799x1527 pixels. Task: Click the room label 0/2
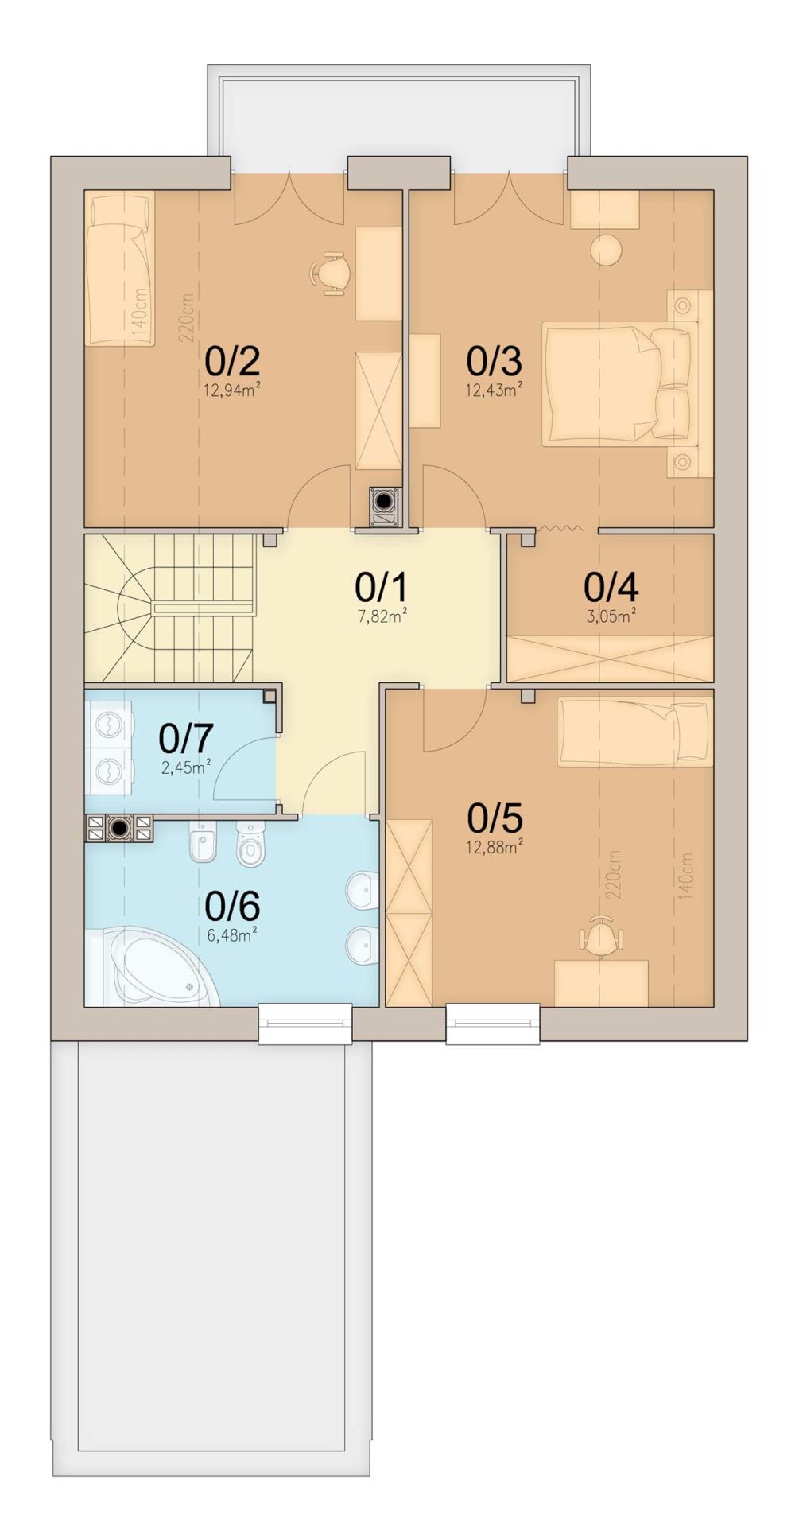pyautogui.click(x=232, y=362)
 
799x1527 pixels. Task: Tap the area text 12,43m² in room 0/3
pyautogui.click(x=494, y=390)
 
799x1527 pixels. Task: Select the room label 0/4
pyautogui.click(x=611, y=589)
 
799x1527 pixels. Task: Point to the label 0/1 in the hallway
pyautogui.click(x=382, y=589)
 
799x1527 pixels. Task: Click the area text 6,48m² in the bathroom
pyautogui.click(x=232, y=934)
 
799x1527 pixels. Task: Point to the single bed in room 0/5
pyautogui.click(x=634, y=732)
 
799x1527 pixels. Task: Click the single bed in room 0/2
pyautogui.click(x=119, y=268)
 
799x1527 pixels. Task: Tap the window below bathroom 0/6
pyautogui.click(x=305, y=1024)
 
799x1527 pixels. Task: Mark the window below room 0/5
pyautogui.click(x=493, y=1024)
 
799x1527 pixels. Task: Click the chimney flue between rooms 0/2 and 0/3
pyautogui.click(x=386, y=505)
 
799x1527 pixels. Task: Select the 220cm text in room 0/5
pyautogui.click(x=614, y=875)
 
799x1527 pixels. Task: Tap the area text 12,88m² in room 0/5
pyautogui.click(x=494, y=846)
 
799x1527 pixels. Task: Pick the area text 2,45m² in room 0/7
pyautogui.click(x=186, y=767)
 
